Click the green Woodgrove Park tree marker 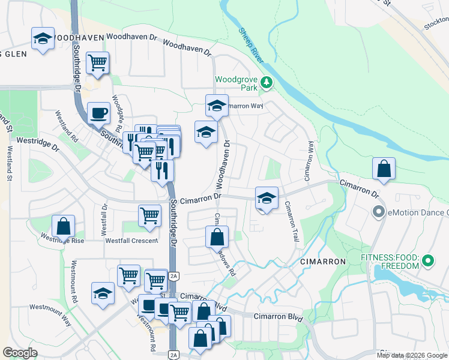click(x=265, y=83)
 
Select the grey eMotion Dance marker click(x=378, y=212)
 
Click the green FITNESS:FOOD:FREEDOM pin click(x=427, y=261)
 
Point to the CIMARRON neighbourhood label click(x=323, y=262)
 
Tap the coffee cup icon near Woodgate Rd click(x=98, y=112)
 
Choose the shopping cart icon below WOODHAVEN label click(x=97, y=62)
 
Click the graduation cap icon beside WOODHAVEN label click(x=43, y=39)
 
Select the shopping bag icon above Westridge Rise click(x=63, y=226)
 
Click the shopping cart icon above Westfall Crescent click(x=149, y=215)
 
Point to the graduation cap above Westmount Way click(x=103, y=293)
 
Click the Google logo click(x=20, y=353)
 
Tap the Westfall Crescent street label click(x=131, y=241)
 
